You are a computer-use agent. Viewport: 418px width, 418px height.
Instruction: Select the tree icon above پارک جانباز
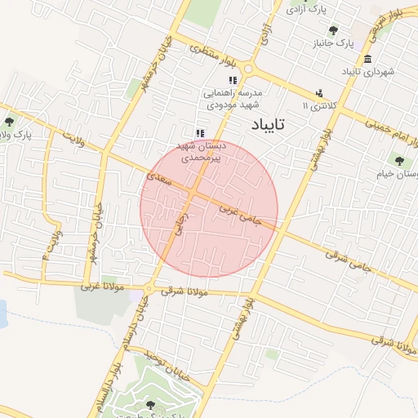coord(333,30)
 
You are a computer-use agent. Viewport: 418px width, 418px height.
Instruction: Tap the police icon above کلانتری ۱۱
coord(319,93)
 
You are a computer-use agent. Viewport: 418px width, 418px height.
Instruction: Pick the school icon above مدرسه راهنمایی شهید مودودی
coord(233,81)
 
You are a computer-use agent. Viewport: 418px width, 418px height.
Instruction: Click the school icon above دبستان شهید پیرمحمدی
coord(199,133)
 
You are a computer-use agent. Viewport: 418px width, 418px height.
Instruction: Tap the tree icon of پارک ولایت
coord(9,122)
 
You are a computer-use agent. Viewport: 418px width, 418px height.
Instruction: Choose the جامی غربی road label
coord(239,215)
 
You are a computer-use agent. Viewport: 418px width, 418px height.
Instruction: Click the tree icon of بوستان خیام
coord(399,161)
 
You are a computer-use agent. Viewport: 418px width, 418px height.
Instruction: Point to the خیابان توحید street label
coord(162,359)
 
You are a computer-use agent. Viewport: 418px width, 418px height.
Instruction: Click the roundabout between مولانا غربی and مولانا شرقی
coord(148,289)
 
